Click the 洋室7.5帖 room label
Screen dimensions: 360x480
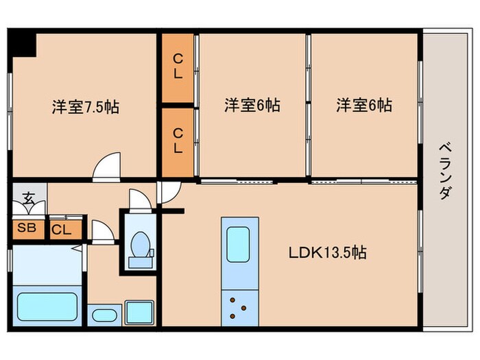85,107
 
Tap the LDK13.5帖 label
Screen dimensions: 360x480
326,252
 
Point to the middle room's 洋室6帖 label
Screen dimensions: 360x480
252,106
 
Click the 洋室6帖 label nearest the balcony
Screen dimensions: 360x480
363,106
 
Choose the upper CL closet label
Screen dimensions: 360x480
178,68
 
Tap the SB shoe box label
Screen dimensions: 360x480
27,228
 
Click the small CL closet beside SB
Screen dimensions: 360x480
61,230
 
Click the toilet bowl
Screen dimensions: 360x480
141,247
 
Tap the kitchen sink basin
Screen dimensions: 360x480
239,242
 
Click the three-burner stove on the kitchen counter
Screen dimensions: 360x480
239,307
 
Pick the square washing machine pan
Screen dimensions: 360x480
139,313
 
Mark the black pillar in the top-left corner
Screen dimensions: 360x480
23,43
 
